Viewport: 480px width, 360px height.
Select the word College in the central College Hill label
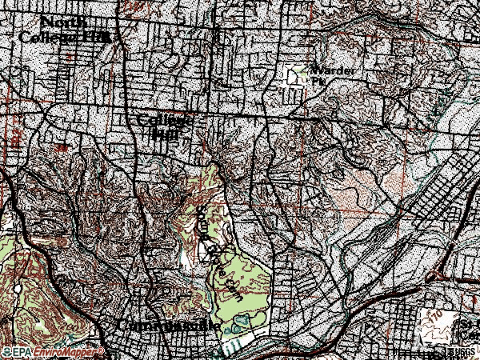tap(165, 120)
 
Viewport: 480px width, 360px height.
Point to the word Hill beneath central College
tap(164, 134)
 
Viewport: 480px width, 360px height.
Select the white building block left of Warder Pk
tap(295, 77)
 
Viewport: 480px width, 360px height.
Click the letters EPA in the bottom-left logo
tap(23, 352)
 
